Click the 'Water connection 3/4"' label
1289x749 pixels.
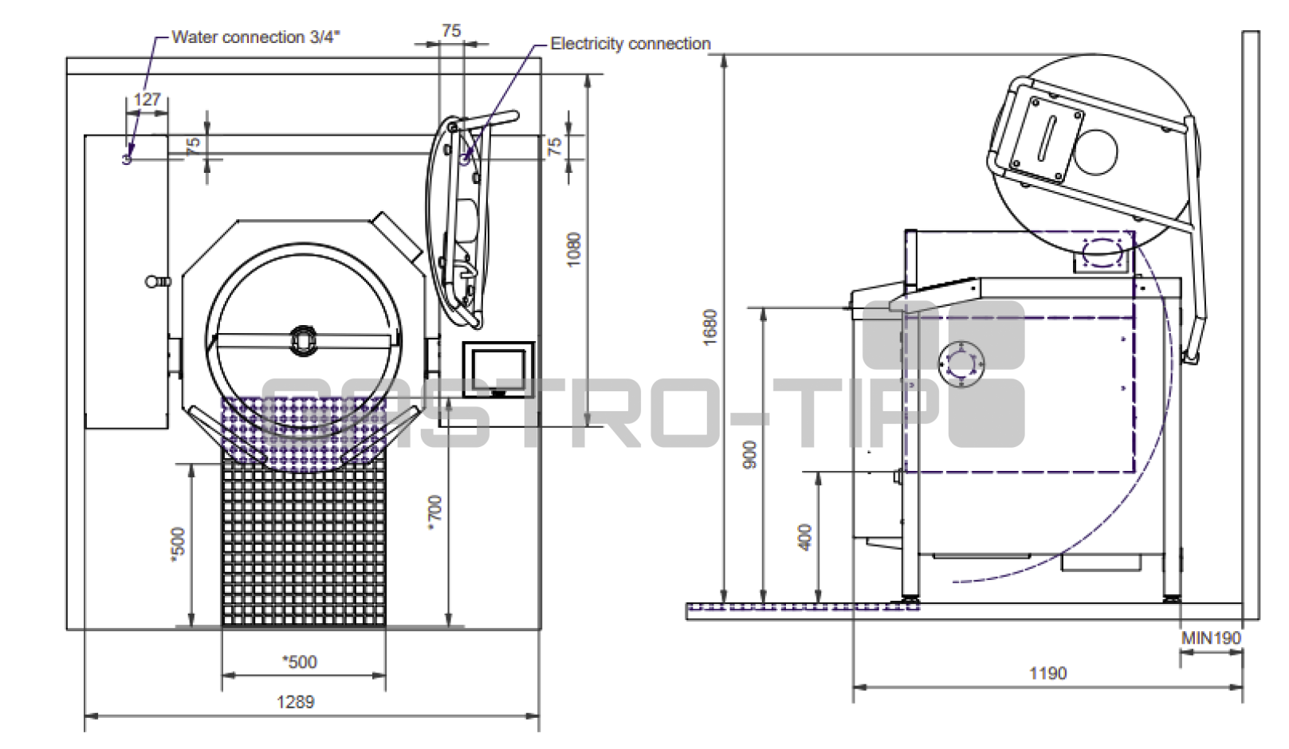256,37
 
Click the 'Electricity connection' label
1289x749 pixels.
630,44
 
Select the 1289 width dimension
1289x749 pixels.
296,702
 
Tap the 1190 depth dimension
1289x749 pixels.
1048,673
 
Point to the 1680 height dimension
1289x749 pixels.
711,327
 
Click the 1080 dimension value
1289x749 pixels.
574,249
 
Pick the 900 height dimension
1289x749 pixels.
750,454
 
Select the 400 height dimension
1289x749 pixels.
806,537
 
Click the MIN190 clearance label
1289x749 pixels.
1211,638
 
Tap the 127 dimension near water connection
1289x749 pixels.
147,100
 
